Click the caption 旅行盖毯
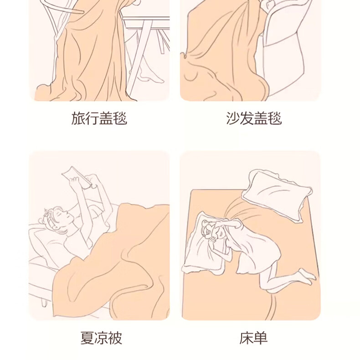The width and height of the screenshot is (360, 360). click(x=99, y=118)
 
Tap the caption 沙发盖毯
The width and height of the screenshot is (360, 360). click(x=254, y=118)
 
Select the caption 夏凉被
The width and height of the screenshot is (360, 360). click(x=101, y=338)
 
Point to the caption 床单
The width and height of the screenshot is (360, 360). click(x=254, y=338)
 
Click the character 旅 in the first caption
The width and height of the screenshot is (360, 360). click(x=78, y=118)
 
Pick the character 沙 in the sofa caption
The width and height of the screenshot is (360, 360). click(x=233, y=118)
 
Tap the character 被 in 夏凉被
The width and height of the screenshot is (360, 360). click(x=115, y=338)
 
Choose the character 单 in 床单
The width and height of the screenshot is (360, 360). click(x=261, y=338)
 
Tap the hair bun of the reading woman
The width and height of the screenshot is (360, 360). click(x=48, y=213)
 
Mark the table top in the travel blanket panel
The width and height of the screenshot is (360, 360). click(x=146, y=21)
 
